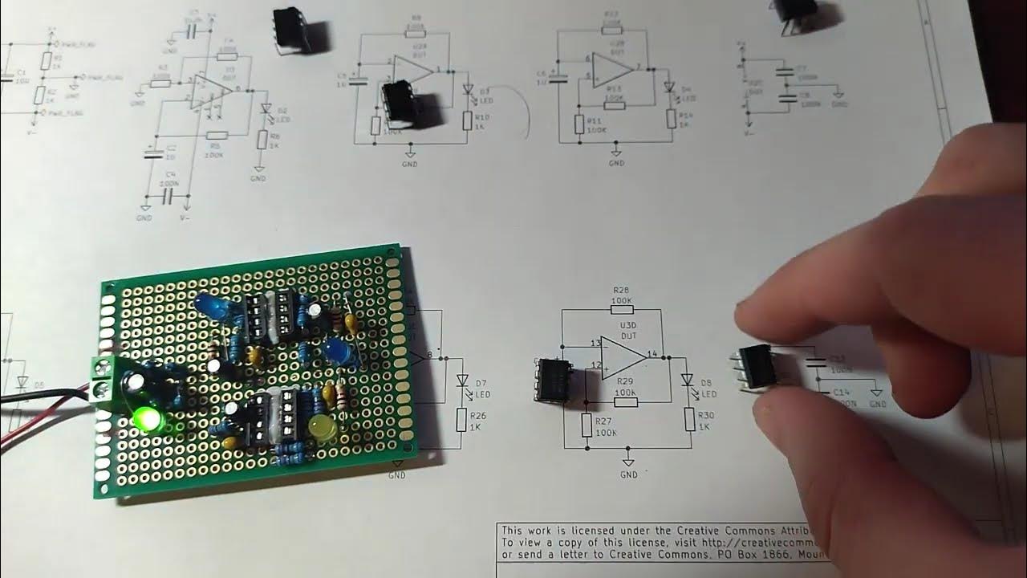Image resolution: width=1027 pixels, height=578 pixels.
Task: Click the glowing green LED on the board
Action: (148, 418)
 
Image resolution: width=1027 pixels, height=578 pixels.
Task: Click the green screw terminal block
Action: (103, 381)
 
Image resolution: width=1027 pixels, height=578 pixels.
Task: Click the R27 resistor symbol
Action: (587, 425)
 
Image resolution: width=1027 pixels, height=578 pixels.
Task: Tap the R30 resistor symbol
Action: (689, 420)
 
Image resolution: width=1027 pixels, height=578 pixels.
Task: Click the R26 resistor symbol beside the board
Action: (461, 418)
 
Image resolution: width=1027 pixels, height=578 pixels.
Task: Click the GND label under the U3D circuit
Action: (629, 474)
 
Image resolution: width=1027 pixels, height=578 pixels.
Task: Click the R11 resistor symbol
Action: (578, 124)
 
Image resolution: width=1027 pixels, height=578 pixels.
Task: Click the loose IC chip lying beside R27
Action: (551, 380)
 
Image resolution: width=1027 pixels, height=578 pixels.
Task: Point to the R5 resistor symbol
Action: (214, 136)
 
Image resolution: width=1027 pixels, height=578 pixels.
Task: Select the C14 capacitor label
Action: (841, 392)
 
